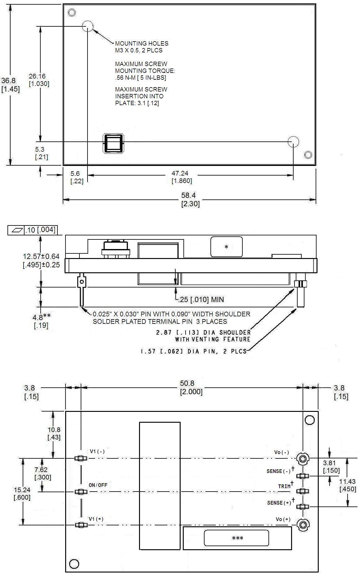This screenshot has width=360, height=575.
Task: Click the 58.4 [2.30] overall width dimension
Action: click(x=190, y=199)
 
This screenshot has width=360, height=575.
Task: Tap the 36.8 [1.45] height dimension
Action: click(x=10, y=85)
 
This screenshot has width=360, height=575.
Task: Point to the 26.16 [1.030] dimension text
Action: click(x=38, y=80)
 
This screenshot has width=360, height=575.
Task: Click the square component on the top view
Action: click(x=113, y=144)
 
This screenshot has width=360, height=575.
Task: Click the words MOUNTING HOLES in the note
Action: click(x=142, y=43)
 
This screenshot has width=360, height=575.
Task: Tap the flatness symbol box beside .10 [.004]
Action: click(x=16, y=230)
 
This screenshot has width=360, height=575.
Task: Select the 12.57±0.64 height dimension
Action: click(x=41, y=256)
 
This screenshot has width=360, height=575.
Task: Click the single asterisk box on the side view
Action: click(x=226, y=247)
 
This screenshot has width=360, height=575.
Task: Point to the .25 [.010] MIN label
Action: click(x=201, y=300)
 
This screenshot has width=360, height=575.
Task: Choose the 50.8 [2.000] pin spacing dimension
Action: click(x=191, y=387)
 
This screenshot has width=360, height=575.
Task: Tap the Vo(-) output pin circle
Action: click(x=302, y=458)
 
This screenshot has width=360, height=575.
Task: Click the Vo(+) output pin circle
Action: click(x=302, y=524)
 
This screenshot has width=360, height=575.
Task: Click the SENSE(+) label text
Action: click(x=279, y=503)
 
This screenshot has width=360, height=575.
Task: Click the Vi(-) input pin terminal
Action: click(x=80, y=458)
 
